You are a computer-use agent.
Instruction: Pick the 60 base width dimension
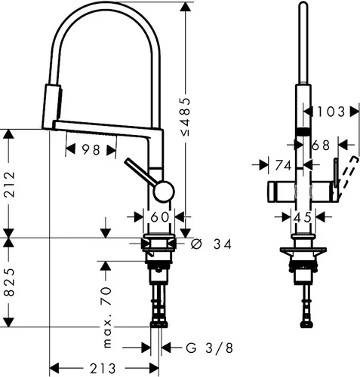point(158,217)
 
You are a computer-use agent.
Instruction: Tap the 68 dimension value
point(320,143)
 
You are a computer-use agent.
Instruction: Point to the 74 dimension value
point(283,164)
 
